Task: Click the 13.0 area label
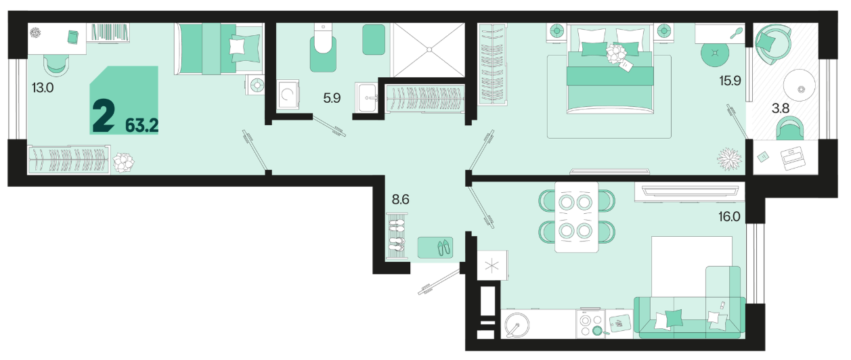(x=43, y=88)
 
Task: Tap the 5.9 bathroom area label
(x=332, y=98)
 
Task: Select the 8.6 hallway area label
(x=400, y=200)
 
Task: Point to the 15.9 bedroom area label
(x=730, y=81)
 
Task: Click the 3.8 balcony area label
(x=781, y=108)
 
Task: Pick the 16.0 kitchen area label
(x=729, y=217)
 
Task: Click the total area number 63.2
(x=141, y=125)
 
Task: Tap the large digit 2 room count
(x=104, y=116)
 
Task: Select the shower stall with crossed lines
(x=429, y=50)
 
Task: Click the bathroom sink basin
(x=368, y=97)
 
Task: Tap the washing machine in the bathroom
(x=288, y=94)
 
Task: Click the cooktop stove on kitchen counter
(x=591, y=324)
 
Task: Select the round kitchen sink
(x=517, y=325)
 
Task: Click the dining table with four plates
(x=576, y=217)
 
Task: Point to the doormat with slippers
(x=435, y=248)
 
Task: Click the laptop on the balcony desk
(x=793, y=158)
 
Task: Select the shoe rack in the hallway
(x=397, y=235)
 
